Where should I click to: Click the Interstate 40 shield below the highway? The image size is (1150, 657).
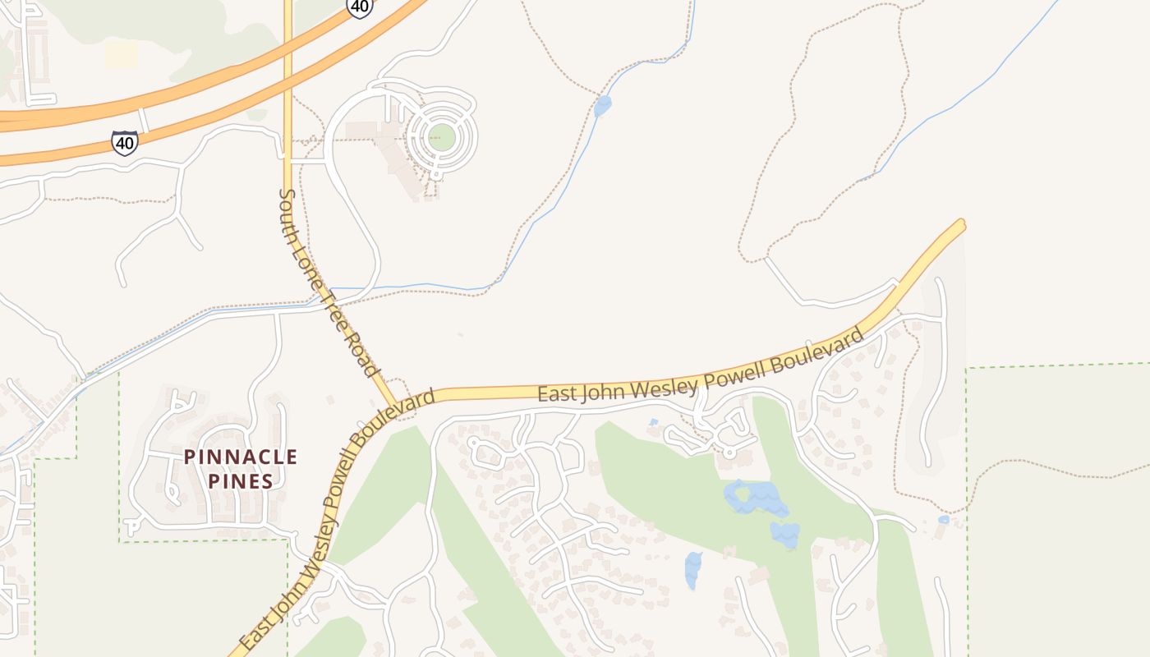tap(125, 142)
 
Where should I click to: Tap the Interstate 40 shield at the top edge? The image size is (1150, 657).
tap(359, 7)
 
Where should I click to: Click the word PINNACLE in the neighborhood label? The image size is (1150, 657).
tap(241, 457)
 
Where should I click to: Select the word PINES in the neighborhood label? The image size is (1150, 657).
tap(240, 481)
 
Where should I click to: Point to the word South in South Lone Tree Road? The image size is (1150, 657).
tap(290, 216)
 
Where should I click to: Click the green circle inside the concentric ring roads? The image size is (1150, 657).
tap(441, 136)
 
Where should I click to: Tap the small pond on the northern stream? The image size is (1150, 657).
tap(603, 106)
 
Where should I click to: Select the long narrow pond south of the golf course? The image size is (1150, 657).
tap(693, 569)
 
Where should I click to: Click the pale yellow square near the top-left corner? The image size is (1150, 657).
tap(121, 55)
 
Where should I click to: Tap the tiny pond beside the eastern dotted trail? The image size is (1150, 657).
tap(943, 520)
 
